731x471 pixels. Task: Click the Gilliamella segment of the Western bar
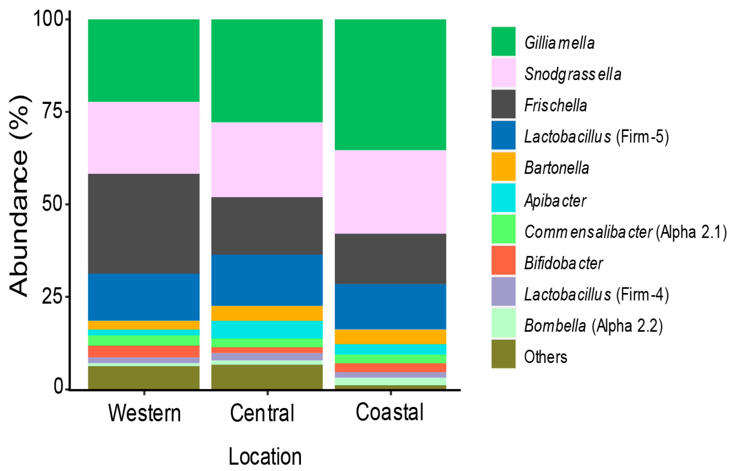point(144,60)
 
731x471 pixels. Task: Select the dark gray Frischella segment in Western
point(144,223)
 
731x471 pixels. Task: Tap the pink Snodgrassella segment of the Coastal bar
point(390,192)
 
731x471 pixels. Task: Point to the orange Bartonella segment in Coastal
point(390,337)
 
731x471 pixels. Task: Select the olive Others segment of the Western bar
point(144,378)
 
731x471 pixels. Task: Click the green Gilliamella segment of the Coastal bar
point(390,84)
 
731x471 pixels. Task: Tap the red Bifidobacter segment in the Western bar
point(144,351)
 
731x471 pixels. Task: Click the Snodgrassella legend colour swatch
point(503,73)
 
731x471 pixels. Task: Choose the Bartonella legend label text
point(556,168)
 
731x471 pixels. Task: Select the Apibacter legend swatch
point(503,198)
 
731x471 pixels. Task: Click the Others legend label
point(545,357)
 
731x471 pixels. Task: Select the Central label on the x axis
point(262,413)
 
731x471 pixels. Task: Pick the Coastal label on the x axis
point(390,412)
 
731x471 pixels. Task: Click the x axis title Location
point(265,457)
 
